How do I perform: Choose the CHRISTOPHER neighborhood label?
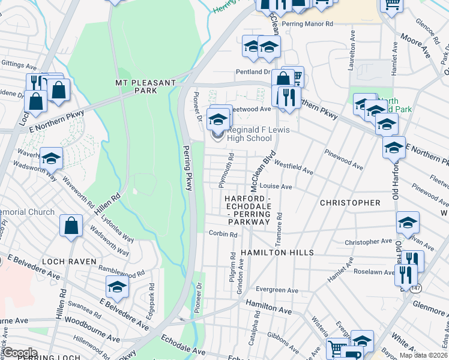pyautogui.click(x=350, y=203)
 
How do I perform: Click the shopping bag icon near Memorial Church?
pyautogui.click(x=71, y=226)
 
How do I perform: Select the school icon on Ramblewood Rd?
pyautogui.click(x=117, y=287)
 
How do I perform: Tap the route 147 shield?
pyautogui.click(x=417, y=289)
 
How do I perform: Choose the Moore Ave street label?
pyautogui.click(x=417, y=48)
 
